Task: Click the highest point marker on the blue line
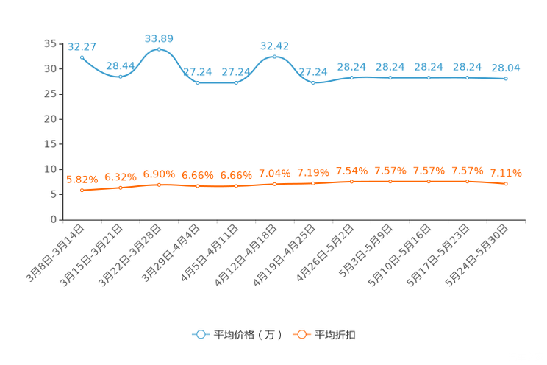(x=159, y=49)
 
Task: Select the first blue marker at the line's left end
(x=82, y=57)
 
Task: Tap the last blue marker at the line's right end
(x=506, y=78)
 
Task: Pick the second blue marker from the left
(x=120, y=76)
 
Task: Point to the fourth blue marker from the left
(x=197, y=82)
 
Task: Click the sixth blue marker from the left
(x=274, y=57)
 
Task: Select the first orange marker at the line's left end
(x=82, y=191)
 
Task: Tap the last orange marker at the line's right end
(x=506, y=184)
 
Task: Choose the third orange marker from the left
(x=159, y=185)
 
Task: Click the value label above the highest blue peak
(x=159, y=37)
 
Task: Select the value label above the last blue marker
(x=506, y=67)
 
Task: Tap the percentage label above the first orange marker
(x=82, y=178)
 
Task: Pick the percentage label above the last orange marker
(x=506, y=173)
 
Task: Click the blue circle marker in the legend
(x=200, y=335)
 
